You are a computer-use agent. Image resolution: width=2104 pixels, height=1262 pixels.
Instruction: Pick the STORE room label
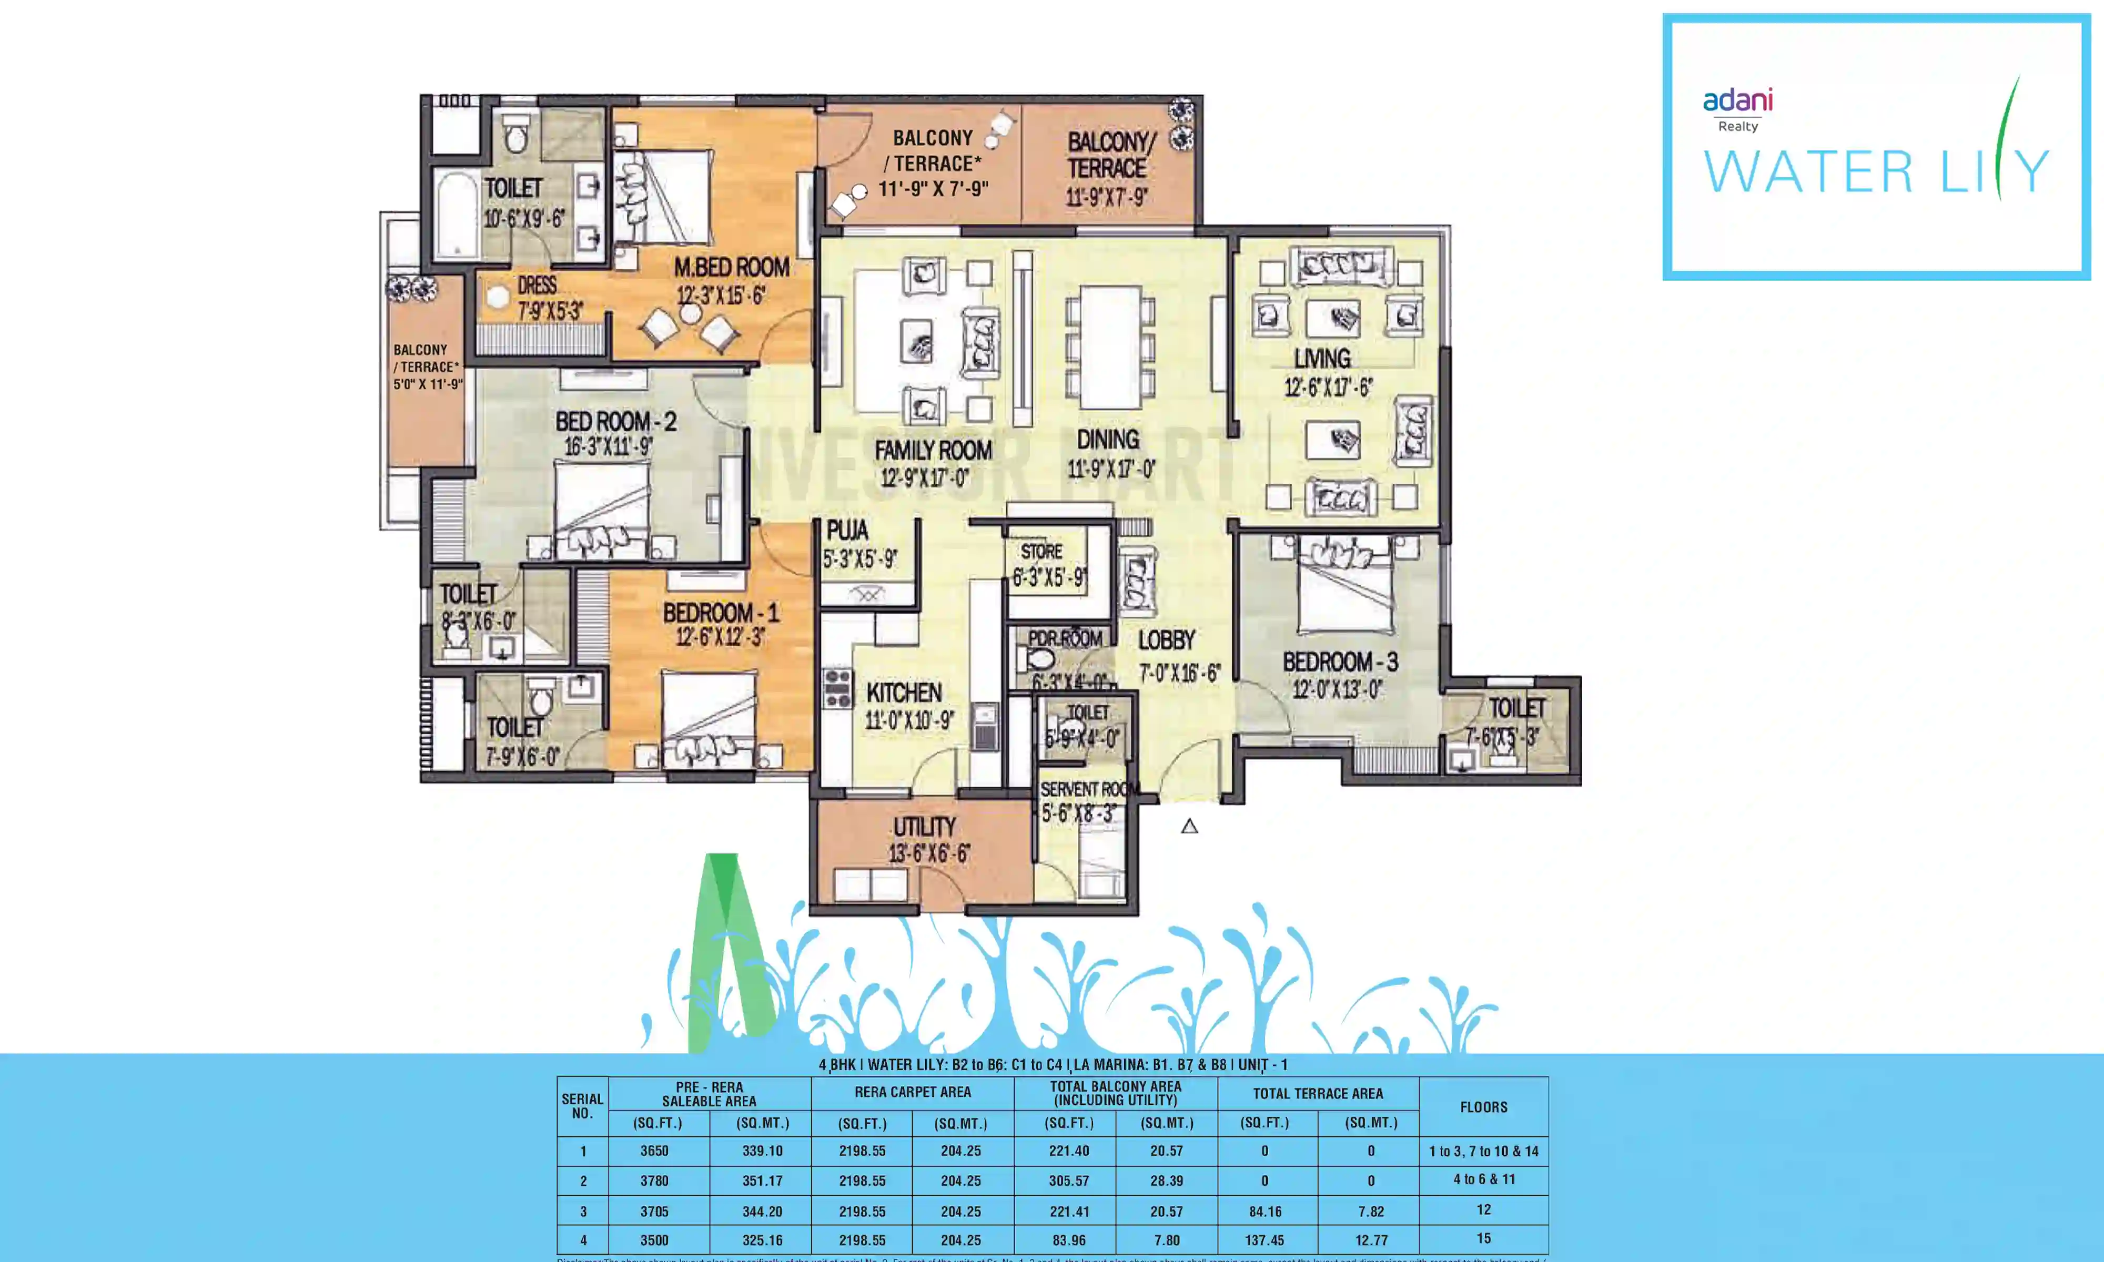[1041, 551]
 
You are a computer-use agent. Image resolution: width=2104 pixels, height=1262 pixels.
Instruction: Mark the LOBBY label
[1166, 640]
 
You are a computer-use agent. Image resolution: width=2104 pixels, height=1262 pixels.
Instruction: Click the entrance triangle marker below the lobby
[1189, 826]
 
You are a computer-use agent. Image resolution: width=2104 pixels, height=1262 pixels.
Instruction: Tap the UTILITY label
[924, 827]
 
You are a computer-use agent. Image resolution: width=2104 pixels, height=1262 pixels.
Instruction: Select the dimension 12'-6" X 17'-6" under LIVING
[1328, 388]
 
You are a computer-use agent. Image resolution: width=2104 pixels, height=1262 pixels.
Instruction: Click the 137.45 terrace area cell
[1265, 1240]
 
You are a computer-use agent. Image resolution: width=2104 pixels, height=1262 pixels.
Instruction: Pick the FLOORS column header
[1483, 1106]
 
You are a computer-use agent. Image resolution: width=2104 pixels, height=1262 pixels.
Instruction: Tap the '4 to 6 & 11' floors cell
[1483, 1179]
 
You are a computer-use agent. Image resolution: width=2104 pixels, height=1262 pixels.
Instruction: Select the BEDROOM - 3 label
[1339, 661]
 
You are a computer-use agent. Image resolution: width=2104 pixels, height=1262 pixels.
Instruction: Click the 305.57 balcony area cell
[1068, 1180]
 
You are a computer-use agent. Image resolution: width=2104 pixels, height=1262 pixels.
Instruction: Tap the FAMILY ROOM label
[933, 450]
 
